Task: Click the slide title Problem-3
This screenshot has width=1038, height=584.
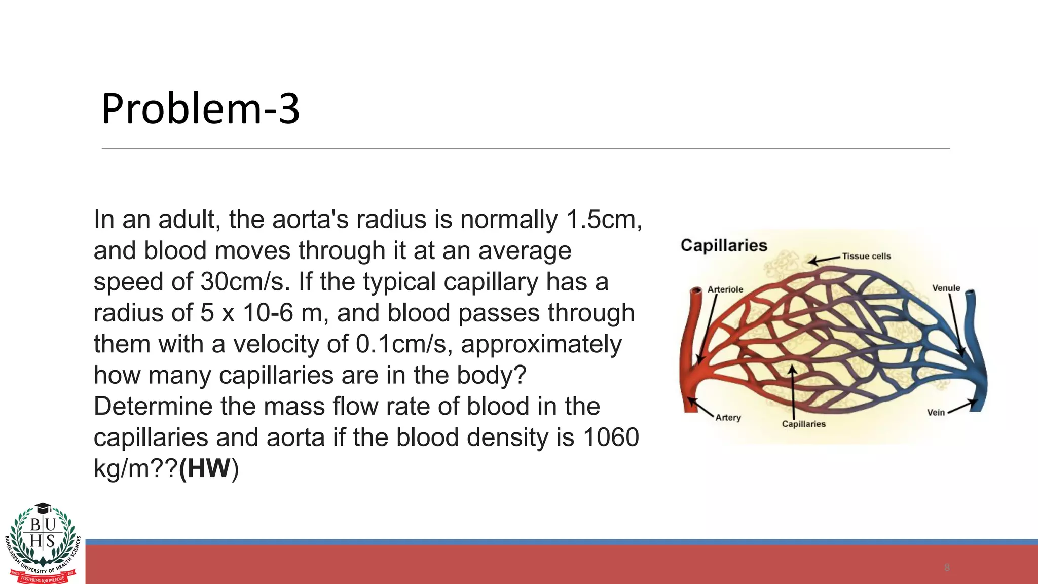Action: click(x=201, y=108)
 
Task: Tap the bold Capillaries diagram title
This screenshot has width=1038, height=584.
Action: click(x=723, y=246)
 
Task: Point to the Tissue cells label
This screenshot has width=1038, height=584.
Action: click(x=866, y=257)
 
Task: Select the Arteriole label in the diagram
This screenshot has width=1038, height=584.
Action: click(x=725, y=289)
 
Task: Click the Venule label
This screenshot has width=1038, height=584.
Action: click(x=946, y=288)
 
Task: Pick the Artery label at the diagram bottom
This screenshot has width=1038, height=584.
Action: click(x=728, y=418)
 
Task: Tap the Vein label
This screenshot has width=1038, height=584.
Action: click(x=936, y=413)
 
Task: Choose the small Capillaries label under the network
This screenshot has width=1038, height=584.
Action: click(x=803, y=424)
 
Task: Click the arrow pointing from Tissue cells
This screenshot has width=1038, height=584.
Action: click(x=824, y=260)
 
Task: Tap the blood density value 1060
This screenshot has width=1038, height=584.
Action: click(x=611, y=437)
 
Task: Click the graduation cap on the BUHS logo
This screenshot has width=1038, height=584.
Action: click(x=43, y=507)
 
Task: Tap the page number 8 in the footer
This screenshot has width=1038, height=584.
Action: click(x=947, y=567)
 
